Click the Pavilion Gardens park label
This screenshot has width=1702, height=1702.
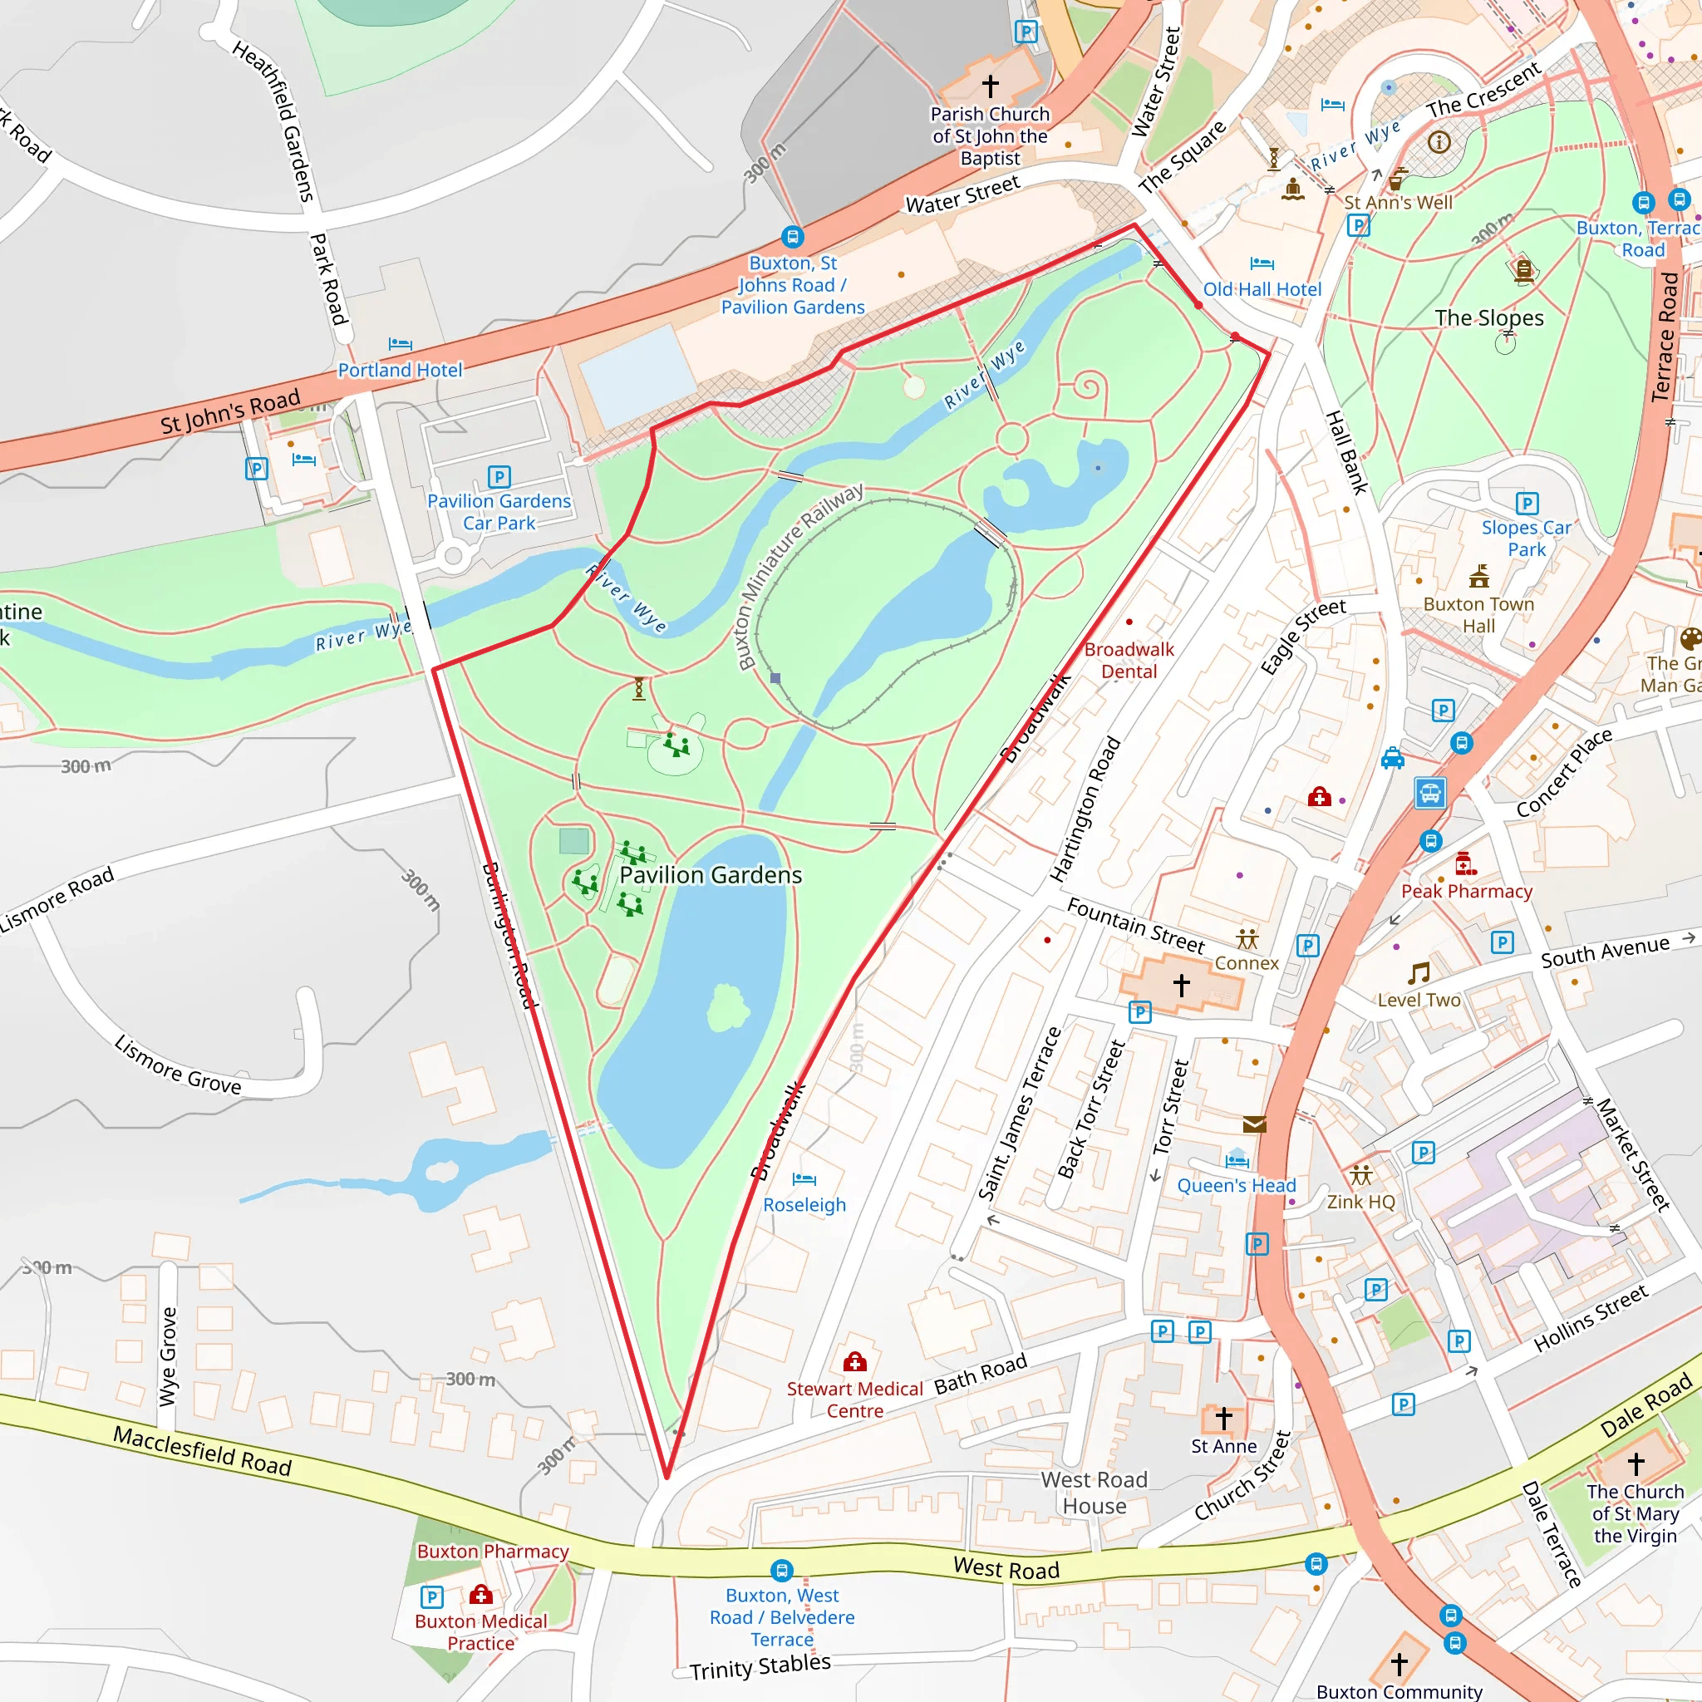pos(710,875)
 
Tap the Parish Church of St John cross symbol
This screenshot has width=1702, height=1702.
pos(990,86)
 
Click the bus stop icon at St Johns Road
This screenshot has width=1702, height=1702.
pos(792,236)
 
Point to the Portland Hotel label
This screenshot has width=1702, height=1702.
pos(400,370)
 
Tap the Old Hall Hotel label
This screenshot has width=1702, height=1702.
pos(1262,289)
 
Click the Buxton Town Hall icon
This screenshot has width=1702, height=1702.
pos(1479,577)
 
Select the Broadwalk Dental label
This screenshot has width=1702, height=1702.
pos(1129,660)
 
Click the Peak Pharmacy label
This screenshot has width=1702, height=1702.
pos(1467,891)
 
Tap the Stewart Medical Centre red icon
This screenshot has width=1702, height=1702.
pos(854,1363)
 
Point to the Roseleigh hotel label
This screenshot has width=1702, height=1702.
pos(804,1204)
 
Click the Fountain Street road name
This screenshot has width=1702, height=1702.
pos(1134,925)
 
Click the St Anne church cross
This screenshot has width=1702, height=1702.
pos(1223,1418)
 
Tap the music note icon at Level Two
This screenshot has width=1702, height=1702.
pos(1419,972)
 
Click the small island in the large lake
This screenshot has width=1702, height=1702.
pos(728,1008)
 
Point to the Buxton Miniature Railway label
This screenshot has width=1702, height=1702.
pos(799,576)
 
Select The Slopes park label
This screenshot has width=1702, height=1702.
pos(1488,318)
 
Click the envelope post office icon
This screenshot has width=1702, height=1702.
pos(1254,1124)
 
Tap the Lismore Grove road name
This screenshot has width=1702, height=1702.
pos(178,1065)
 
